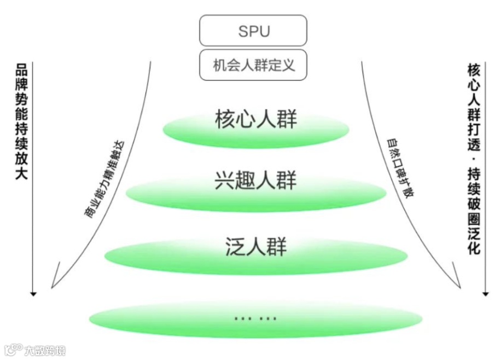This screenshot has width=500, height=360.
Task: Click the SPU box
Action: click(253, 31)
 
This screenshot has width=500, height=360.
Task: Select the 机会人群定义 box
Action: click(253, 65)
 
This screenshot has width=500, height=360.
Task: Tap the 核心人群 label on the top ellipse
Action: click(256, 120)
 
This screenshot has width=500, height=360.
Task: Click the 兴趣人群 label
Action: click(256, 181)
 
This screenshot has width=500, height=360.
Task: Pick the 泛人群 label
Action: click(256, 246)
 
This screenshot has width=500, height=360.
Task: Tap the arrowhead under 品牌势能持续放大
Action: click(33, 294)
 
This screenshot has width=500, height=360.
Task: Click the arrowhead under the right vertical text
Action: click(485, 294)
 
